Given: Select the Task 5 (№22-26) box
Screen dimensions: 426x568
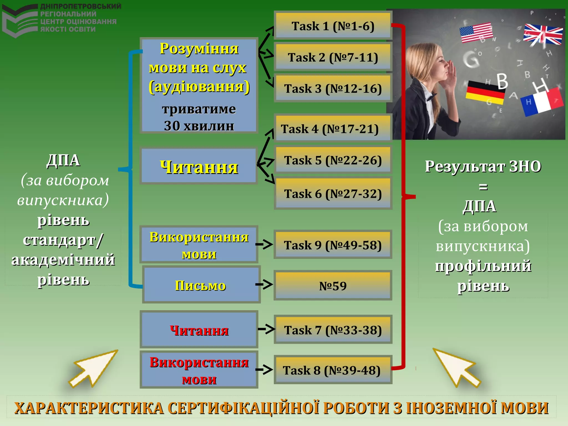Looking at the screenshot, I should (x=333, y=160).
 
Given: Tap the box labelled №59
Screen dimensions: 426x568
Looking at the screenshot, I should (x=333, y=286).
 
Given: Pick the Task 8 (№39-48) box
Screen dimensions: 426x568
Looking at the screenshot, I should (x=333, y=370).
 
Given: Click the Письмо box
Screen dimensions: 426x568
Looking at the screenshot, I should (x=201, y=285).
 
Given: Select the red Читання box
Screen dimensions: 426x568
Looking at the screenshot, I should (x=199, y=330).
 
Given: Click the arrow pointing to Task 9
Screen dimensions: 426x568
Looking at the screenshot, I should (x=264, y=244).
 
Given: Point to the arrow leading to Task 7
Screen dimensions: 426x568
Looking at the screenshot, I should (x=266, y=329).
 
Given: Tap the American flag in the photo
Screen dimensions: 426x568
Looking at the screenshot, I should (x=476, y=33).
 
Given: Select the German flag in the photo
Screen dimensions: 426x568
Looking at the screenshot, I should (x=485, y=93).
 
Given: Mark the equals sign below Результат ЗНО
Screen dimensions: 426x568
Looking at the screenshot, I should (x=483, y=187).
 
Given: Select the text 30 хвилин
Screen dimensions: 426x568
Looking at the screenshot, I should (x=199, y=126).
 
